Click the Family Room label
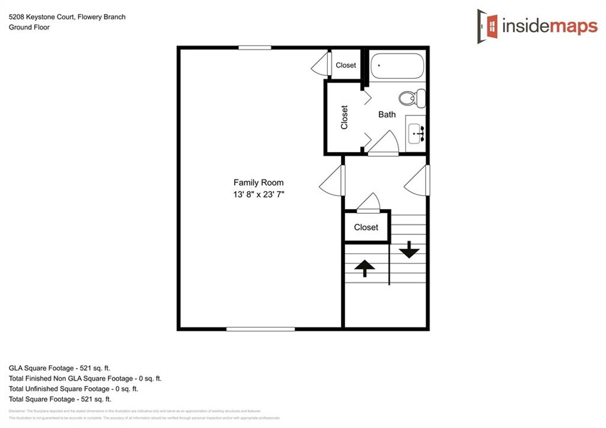click(x=258, y=183)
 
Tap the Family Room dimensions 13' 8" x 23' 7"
click(x=259, y=195)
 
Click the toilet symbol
click(x=412, y=98)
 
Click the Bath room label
click(x=387, y=114)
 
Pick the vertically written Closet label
click(x=344, y=117)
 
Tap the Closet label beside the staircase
click(x=366, y=227)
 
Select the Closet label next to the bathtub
click(x=346, y=65)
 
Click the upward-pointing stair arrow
click(x=364, y=268)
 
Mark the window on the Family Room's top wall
click(x=254, y=47)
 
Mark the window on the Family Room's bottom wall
click(x=260, y=329)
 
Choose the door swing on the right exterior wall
click(x=418, y=180)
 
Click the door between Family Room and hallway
click(x=333, y=180)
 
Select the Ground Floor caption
click(x=29, y=27)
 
